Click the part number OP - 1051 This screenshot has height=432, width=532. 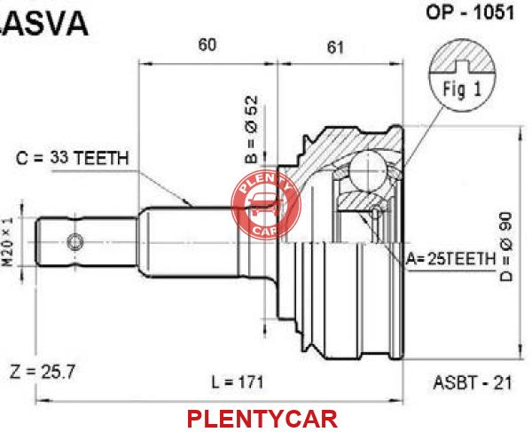[470, 13]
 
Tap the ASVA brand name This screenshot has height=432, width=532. [43, 24]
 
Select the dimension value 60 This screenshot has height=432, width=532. [207, 44]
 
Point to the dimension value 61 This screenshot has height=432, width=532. [335, 47]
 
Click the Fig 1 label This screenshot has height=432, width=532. [462, 89]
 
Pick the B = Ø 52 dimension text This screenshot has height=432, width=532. [252, 130]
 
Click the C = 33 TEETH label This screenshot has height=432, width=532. [73, 158]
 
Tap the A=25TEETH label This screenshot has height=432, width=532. [451, 259]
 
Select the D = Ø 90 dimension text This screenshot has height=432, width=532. [506, 247]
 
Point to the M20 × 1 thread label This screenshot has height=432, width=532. [8, 241]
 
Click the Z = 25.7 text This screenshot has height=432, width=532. [42, 372]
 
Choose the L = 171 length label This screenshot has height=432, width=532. [238, 382]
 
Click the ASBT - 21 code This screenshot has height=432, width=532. [472, 383]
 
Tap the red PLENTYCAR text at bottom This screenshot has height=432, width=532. [262, 419]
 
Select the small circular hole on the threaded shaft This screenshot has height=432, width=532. [75, 242]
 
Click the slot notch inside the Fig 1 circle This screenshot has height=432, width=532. [462, 67]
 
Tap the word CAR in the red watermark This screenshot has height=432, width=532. [265, 231]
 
